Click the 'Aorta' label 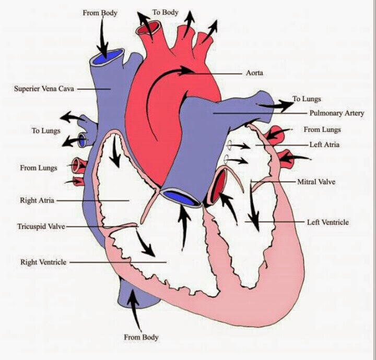tap(255, 73)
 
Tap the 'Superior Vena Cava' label tap(44, 89)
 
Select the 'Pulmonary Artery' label tap(336, 113)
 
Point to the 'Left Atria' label tap(324, 144)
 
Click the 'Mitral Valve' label tap(316, 182)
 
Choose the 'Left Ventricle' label tap(327, 222)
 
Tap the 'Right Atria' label tap(37, 200)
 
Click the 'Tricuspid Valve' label tap(41, 227)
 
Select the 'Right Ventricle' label tap(43, 262)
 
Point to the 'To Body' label tap(165, 12)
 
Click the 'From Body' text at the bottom tap(140, 337)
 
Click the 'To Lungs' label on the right tap(307, 99)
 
